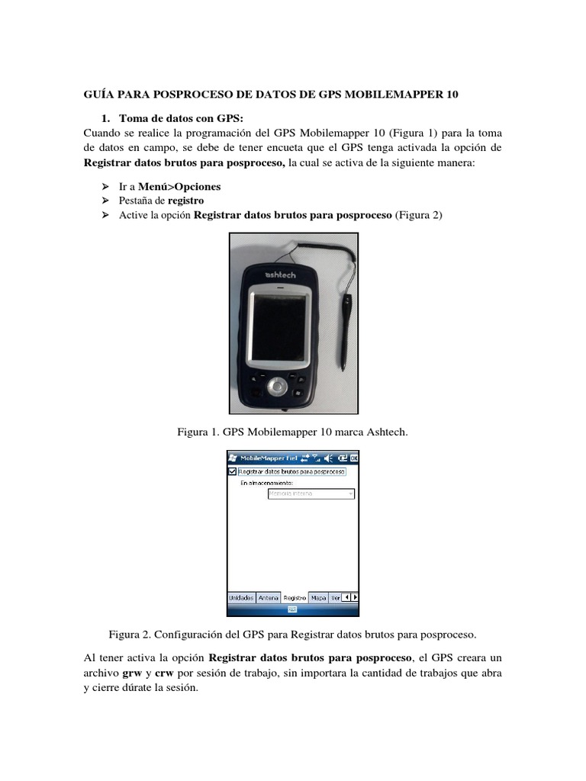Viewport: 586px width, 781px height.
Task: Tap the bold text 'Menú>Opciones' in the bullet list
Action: click(x=179, y=187)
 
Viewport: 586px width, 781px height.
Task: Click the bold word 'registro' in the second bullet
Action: click(x=185, y=201)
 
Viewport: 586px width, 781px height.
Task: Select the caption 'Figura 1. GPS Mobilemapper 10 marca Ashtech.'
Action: click(x=293, y=432)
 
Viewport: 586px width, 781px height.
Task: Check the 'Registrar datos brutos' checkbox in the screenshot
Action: click(x=233, y=471)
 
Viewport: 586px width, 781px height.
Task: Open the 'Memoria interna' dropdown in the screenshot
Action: click(x=311, y=493)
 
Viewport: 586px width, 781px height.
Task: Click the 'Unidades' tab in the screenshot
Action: click(x=241, y=597)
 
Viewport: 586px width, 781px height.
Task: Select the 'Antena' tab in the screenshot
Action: click(x=268, y=597)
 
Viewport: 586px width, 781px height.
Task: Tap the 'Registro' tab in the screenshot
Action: click(x=295, y=597)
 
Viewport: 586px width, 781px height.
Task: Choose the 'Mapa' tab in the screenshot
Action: click(x=319, y=597)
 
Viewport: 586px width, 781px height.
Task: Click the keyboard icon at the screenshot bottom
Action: click(x=293, y=609)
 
